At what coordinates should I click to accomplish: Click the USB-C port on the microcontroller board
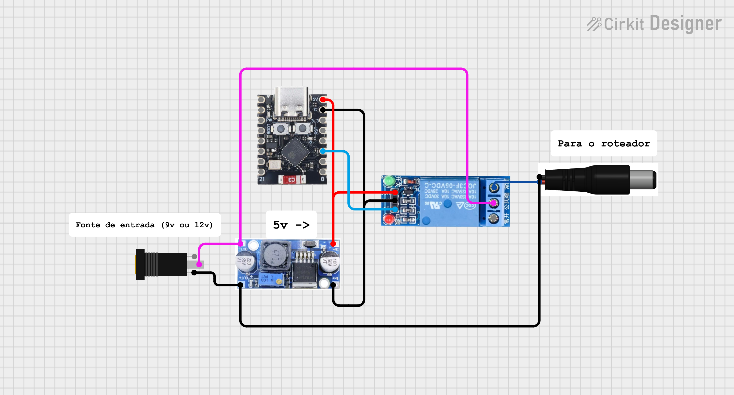[291, 102]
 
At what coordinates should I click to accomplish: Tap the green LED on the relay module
[388, 181]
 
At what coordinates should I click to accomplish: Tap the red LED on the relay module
[388, 219]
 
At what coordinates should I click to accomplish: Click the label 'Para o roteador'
[604, 143]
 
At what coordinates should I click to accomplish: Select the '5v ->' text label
[291, 225]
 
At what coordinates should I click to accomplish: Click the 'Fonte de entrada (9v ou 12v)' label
[144, 225]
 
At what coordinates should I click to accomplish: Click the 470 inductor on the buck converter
[275, 255]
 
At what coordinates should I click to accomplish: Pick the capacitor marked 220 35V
[245, 260]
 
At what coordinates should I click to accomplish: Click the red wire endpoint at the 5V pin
[323, 99]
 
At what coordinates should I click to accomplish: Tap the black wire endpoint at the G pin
[323, 110]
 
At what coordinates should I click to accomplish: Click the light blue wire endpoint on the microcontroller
[323, 151]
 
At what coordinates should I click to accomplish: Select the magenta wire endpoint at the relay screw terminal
[493, 203]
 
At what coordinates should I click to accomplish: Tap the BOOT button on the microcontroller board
[281, 129]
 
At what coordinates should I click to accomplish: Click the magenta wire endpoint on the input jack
[199, 265]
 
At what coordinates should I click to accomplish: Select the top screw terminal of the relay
[494, 187]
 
